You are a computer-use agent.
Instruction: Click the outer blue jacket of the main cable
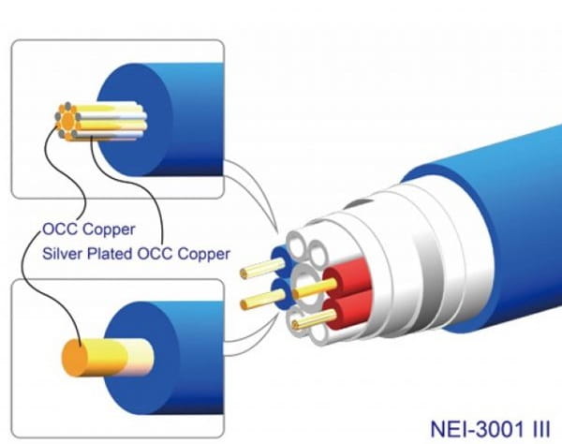tap(487, 215)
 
